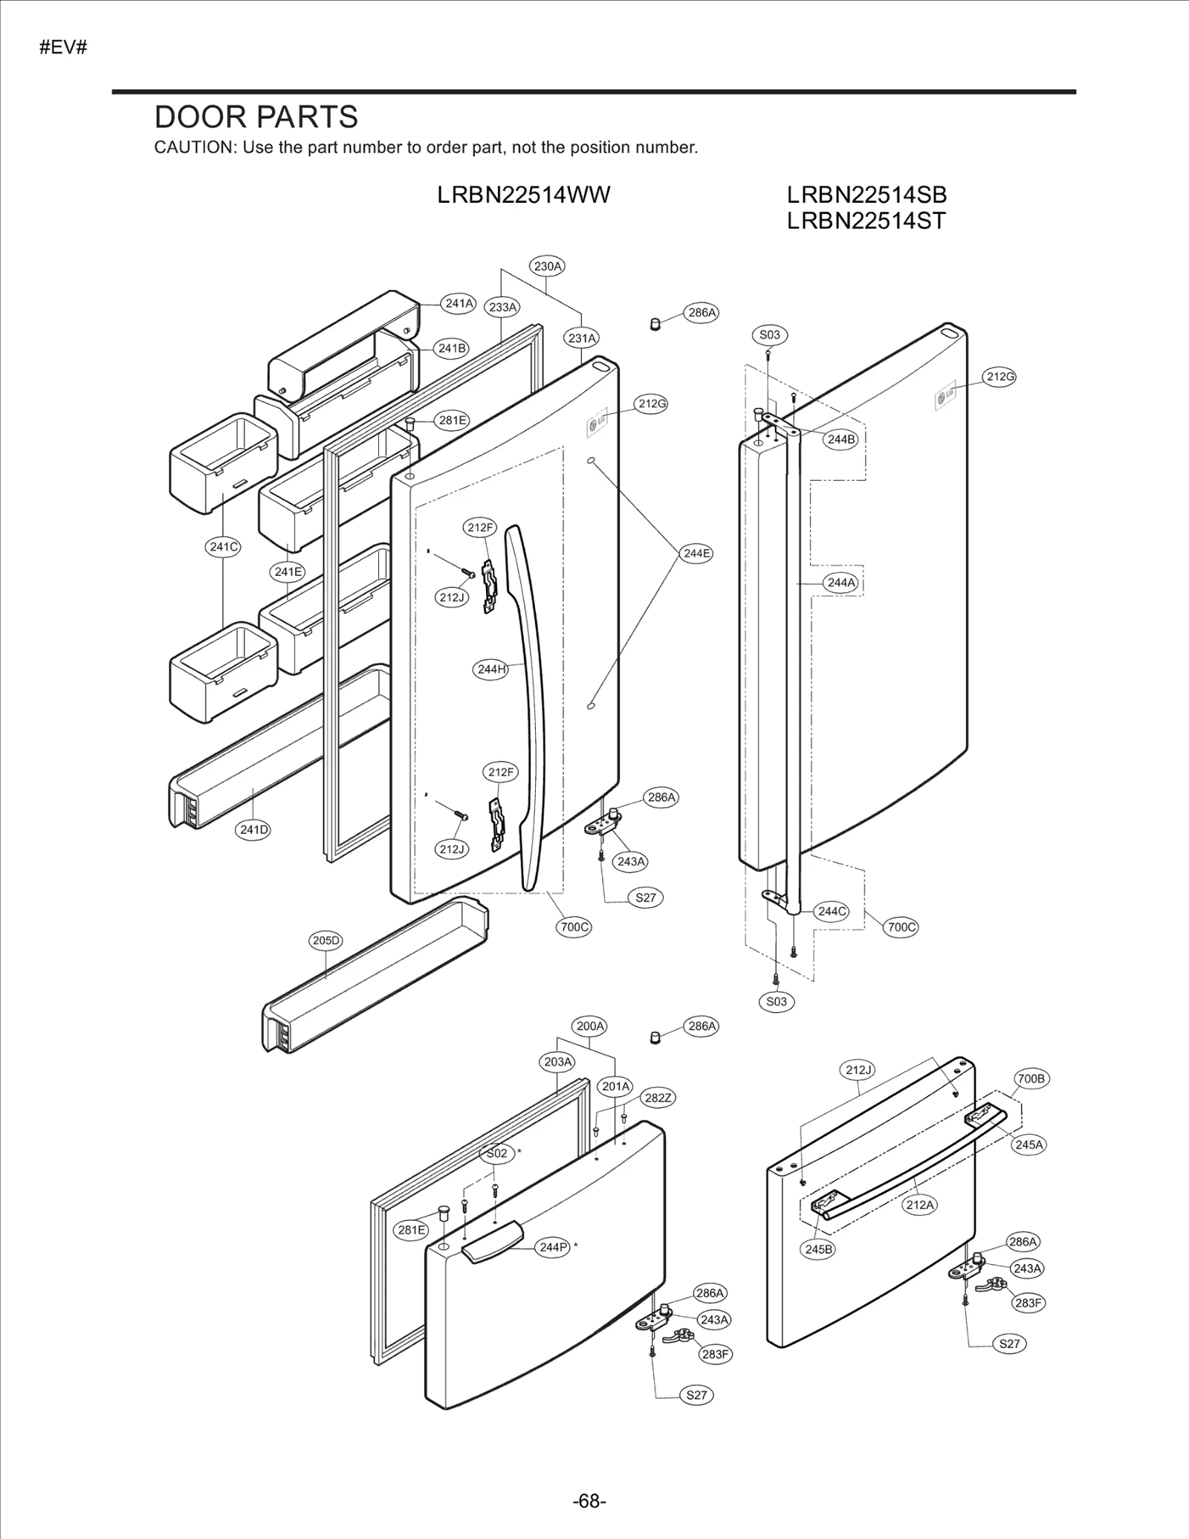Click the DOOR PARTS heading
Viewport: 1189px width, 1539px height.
pos(256,117)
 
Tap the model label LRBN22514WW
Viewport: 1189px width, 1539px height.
pos(523,195)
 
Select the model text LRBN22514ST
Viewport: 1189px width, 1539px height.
pos(866,221)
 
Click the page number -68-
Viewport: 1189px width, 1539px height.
pos(589,1501)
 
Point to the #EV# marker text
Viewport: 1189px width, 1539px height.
pos(63,48)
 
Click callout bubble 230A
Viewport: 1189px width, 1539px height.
pos(548,266)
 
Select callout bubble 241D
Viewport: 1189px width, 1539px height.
pos(254,829)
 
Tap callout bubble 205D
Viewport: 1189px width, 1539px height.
pos(325,940)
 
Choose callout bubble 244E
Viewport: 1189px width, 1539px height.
pos(696,553)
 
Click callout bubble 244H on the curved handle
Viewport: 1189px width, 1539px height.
pos(490,669)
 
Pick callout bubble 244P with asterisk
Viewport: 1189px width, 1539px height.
pos(553,1247)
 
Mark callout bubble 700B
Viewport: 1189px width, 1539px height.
pos(1031,1078)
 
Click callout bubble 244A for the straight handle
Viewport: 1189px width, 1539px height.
pos(841,583)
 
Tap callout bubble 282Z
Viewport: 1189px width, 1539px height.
pos(658,1098)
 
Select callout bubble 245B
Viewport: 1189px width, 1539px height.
pos(819,1249)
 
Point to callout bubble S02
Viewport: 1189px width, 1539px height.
pos(496,1153)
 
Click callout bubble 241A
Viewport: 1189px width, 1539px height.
pos(459,303)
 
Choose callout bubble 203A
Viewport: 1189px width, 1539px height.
pos(557,1062)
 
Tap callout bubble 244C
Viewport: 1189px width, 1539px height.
pos(831,911)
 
